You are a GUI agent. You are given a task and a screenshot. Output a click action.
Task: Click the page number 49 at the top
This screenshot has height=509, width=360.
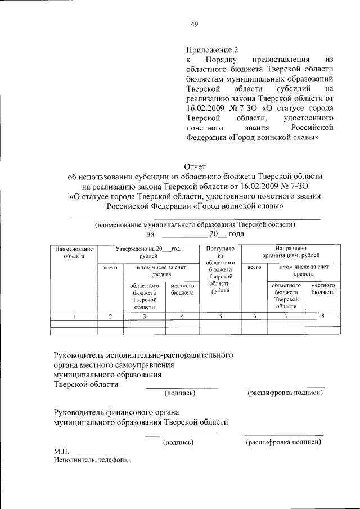(x=195, y=24)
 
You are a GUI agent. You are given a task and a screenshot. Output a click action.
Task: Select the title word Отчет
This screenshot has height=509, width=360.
(x=195, y=166)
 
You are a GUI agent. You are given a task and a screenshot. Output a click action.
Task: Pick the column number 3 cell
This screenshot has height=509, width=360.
(x=145, y=317)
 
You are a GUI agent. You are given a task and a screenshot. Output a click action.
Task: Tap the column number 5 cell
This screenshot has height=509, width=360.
(x=220, y=317)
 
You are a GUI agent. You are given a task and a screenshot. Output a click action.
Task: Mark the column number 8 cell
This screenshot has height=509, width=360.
(x=323, y=317)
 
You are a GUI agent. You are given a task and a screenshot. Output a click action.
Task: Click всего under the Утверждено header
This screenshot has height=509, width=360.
(x=110, y=268)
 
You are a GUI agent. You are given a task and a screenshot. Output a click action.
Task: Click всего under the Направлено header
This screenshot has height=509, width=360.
(x=254, y=268)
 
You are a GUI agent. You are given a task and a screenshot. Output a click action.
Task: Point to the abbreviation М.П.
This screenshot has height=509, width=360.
(x=61, y=452)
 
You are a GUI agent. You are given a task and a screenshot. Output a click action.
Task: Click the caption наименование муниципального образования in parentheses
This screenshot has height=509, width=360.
(x=195, y=224)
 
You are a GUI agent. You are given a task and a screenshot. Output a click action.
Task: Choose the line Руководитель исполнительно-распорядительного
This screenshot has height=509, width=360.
(x=143, y=355)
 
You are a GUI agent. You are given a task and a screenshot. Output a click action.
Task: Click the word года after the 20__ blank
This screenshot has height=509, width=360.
(x=232, y=233)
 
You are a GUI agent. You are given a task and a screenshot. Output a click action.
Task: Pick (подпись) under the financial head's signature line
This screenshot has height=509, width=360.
(x=178, y=443)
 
